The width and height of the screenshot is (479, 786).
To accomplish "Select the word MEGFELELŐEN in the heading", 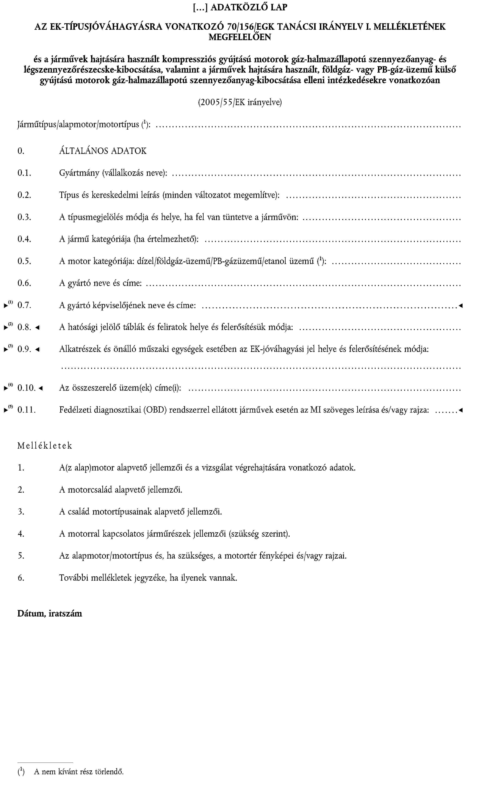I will (240, 37).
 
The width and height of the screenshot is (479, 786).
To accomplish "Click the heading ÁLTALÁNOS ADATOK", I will (103, 151).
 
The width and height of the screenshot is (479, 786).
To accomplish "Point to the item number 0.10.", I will (26, 388).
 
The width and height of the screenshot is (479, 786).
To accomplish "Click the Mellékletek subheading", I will (45, 446).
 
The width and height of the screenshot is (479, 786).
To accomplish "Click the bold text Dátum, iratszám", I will (50, 613).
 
